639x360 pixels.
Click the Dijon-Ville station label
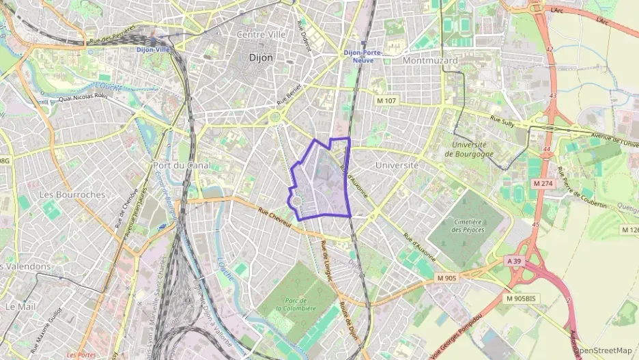(x=154, y=50)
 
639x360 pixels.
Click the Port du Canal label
(x=181, y=165)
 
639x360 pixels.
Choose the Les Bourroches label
(x=72, y=195)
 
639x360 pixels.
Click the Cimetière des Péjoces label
(x=467, y=226)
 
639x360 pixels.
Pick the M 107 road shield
(x=386, y=100)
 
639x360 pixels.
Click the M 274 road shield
(x=543, y=184)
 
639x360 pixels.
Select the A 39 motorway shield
(x=514, y=260)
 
